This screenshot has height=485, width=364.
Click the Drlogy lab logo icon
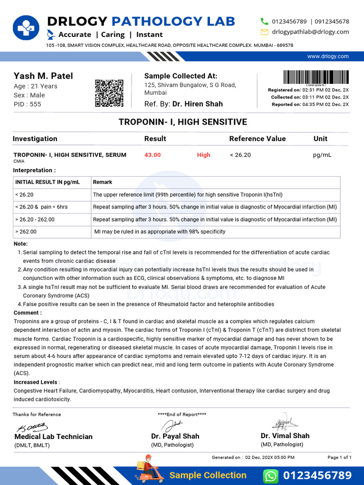[x=27, y=29]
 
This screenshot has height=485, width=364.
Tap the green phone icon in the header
[x=264, y=21]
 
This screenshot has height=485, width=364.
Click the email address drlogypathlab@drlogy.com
[x=310, y=32]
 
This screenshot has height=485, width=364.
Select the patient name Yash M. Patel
[x=43, y=76]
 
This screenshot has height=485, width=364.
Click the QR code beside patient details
[x=109, y=93]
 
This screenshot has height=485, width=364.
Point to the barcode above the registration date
[x=316, y=77]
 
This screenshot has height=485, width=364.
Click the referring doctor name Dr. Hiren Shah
[x=197, y=104]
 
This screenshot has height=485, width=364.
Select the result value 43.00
[x=153, y=155]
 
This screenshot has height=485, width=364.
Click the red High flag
[x=203, y=155]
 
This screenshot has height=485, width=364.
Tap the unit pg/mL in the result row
[x=322, y=155]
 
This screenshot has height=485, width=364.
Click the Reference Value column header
[x=257, y=139]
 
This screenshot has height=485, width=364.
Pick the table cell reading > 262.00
[x=26, y=232]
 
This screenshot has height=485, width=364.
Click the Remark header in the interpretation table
[x=102, y=182]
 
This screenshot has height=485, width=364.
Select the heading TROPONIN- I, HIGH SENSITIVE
[x=182, y=122]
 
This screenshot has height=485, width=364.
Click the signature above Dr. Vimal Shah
[x=285, y=422]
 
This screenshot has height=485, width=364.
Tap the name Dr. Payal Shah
[x=175, y=436]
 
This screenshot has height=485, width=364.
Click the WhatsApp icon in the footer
[x=270, y=476]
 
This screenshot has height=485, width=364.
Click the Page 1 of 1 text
[x=339, y=458]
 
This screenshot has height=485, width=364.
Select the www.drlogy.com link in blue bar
[x=328, y=56]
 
